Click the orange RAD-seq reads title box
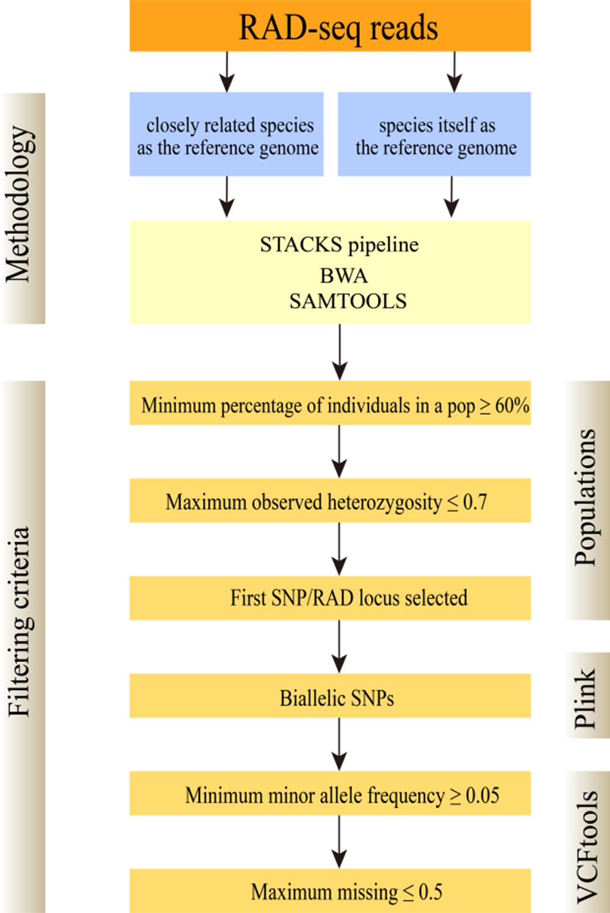(330, 26)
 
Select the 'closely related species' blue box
(226, 135)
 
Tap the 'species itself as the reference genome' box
(434, 135)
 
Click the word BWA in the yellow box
(343, 275)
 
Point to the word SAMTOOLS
(348, 301)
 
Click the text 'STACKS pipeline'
(339, 245)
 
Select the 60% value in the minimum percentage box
(512, 405)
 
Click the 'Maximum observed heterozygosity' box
(330, 501)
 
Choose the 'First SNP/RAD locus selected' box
(330, 598)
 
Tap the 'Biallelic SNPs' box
(330, 697)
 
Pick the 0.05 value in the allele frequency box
(483, 795)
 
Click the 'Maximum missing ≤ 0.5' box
(330, 892)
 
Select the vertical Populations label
(587, 497)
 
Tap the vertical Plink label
(586, 697)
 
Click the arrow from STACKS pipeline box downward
(340, 352)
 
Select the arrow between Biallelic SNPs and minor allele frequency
(340, 744)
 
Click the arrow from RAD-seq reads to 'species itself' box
(454, 72)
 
